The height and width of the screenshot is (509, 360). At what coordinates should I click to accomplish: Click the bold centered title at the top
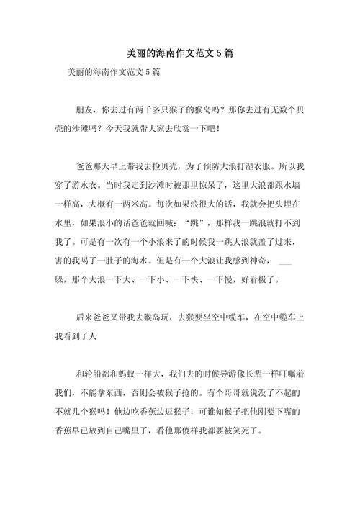179,54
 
